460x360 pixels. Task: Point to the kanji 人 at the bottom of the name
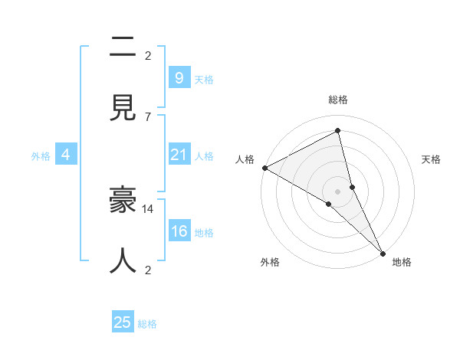click(x=123, y=260)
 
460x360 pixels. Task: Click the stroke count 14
click(x=148, y=208)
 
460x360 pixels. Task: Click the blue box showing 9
click(x=179, y=77)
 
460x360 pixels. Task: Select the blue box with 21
click(x=179, y=155)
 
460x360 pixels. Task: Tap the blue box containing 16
click(x=179, y=231)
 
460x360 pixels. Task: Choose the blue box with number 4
click(x=66, y=155)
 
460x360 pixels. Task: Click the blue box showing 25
click(x=123, y=322)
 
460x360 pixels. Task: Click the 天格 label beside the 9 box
click(x=204, y=79)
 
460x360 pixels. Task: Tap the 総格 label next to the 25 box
click(x=148, y=324)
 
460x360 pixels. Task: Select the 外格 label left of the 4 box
click(x=41, y=155)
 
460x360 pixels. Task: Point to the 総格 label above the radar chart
click(x=338, y=100)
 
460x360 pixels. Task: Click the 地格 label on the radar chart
click(x=402, y=262)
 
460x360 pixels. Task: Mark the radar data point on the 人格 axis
click(x=264, y=168)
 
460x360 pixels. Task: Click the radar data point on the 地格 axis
click(x=382, y=252)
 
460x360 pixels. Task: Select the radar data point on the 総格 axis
click(x=338, y=131)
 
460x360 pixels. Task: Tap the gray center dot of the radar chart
click(x=338, y=190)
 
